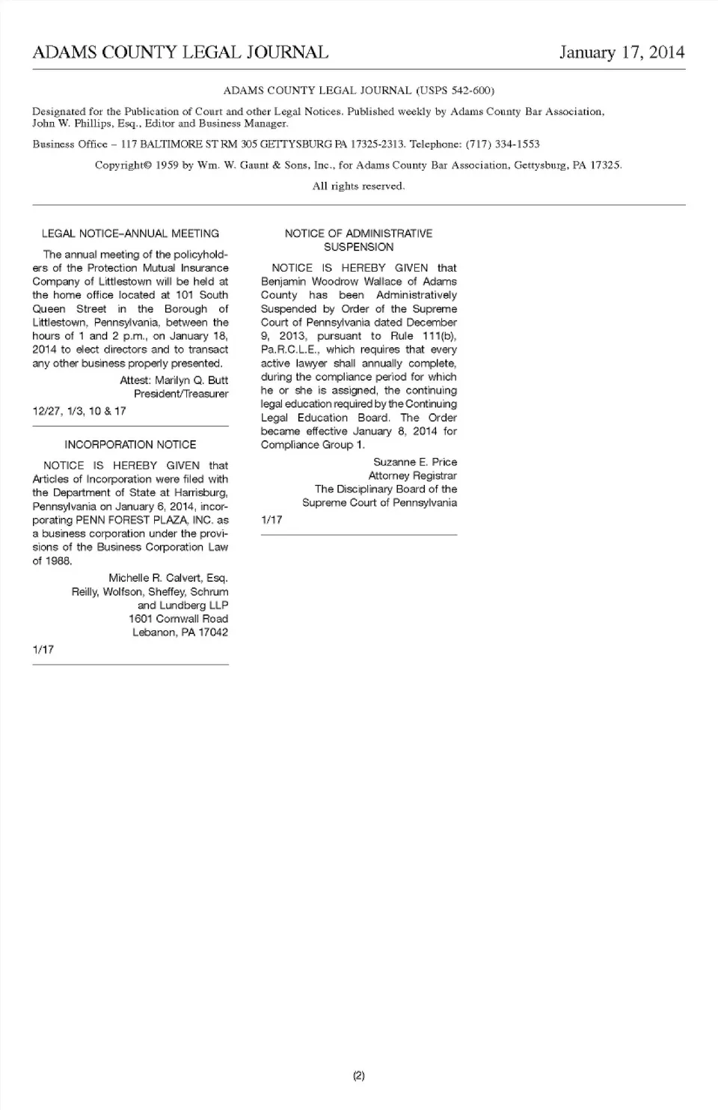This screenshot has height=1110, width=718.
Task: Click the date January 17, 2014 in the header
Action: click(622, 52)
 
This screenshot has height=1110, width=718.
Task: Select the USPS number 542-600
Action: click(469, 91)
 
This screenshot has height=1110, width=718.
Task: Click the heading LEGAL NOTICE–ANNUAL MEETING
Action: click(130, 234)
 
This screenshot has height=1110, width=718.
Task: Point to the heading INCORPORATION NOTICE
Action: click(130, 445)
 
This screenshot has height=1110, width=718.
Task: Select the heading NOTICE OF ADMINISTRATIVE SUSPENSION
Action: click(358, 240)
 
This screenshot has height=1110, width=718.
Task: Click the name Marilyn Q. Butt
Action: click(191, 380)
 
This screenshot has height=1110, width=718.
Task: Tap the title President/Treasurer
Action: click(181, 394)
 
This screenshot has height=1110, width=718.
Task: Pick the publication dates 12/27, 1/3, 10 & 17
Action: click(79, 411)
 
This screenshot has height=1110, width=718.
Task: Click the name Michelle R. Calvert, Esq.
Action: click(168, 578)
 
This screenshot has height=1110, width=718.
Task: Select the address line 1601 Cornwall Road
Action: click(178, 619)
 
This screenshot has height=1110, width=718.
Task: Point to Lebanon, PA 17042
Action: click(180, 632)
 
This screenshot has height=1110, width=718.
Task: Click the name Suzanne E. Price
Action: click(415, 463)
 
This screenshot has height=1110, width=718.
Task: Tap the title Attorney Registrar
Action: click(412, 476)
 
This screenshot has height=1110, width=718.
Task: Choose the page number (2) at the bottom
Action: click(358, 1076)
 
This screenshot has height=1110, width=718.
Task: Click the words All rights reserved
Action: click(358, 186)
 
